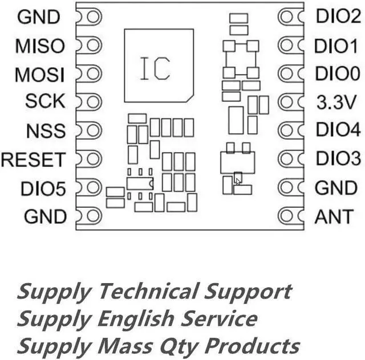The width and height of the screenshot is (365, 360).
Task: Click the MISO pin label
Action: (x=40, y=46)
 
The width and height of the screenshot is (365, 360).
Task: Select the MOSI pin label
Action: (x=39, y=74)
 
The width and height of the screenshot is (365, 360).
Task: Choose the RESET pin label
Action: (x=33, y=159)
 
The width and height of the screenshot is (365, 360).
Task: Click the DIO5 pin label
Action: (x=43, y=188)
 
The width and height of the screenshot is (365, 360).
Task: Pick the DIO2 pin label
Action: (x=338, y=17)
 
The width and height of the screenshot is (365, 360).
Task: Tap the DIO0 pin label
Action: (x=338, y=74)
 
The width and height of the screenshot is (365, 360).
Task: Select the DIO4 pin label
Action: (x=338, y=131)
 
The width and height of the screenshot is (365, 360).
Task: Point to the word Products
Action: (x=257, y=345)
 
